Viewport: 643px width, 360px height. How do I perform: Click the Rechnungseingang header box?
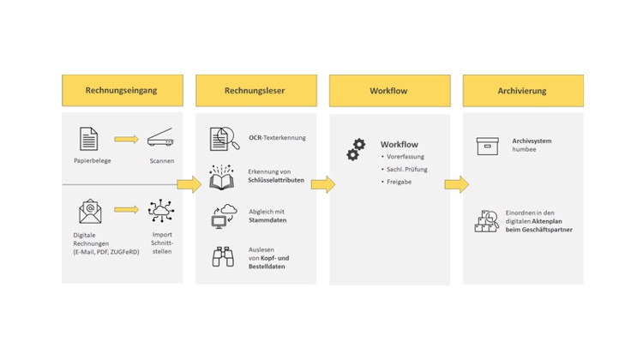122,90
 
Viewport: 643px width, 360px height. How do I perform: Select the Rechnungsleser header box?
255,90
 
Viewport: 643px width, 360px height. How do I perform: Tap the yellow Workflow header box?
389,90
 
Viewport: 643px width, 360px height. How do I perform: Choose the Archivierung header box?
523,90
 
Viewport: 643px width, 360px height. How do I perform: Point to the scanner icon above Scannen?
161,138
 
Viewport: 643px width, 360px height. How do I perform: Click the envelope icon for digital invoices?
90,211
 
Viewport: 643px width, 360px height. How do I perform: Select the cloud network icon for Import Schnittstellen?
161,210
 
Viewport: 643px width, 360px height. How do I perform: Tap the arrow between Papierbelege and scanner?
126,139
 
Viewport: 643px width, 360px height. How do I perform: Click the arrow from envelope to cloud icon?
126,209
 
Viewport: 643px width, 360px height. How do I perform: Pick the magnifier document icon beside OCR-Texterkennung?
224,138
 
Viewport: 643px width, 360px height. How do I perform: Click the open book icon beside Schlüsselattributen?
223,177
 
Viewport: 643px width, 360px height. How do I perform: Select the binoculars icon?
223,256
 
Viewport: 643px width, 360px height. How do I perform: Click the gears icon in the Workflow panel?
356,150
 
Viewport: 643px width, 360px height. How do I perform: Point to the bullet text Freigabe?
400,183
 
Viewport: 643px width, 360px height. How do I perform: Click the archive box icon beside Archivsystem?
488,147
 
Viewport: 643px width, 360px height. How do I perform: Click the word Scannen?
161,160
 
